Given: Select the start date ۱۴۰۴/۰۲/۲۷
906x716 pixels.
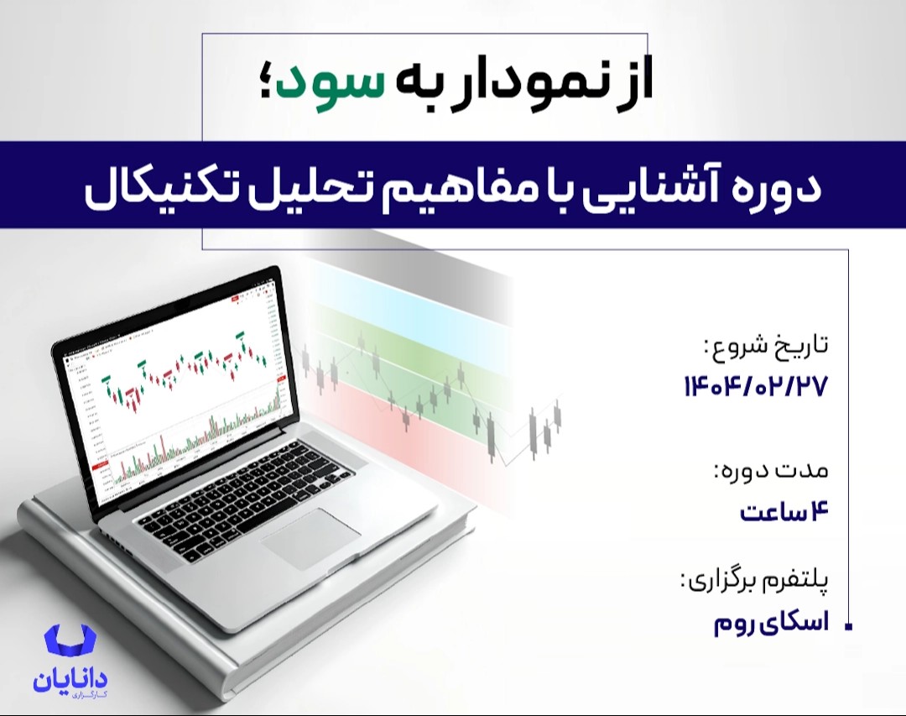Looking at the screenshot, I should click(756, 387).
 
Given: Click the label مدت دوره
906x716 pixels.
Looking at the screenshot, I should click(770, 471).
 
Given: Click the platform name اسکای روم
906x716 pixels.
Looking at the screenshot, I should click(770, 624).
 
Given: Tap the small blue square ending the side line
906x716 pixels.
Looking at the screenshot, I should click(849, 627).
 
